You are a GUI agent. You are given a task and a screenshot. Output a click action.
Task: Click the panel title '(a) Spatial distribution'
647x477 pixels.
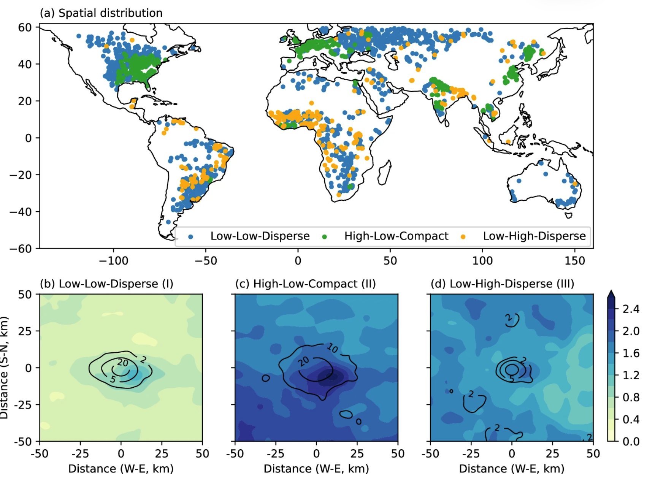[x=101, y=13]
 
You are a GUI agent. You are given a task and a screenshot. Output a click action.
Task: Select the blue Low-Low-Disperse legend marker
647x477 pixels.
[x=191, y=237]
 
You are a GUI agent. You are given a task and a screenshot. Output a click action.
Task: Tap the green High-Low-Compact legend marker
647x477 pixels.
[x=324, y=237]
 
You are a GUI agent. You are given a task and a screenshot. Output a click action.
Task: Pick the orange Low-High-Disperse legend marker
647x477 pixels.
[x=463, y=237]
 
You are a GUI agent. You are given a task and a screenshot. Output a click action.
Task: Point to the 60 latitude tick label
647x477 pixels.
[x=25, y=27]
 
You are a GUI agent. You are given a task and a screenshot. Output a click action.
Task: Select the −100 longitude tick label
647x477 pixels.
[x=113, y=261]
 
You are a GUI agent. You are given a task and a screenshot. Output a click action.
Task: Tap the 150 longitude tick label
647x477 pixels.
[x=574, y=261]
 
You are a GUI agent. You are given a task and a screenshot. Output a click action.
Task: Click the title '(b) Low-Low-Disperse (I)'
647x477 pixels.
[x=106, y=284]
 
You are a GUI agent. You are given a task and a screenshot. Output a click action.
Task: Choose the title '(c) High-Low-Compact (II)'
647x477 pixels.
[x=305, y=284]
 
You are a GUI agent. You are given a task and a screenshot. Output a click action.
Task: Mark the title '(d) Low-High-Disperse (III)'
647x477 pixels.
[x=502, y=284]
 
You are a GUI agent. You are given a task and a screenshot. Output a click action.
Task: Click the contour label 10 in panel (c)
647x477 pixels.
[x=332, y=348]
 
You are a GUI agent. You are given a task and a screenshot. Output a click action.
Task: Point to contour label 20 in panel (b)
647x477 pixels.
[x=122, y=363]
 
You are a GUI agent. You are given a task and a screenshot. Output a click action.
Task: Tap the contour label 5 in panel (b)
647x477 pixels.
[x=113, y=379]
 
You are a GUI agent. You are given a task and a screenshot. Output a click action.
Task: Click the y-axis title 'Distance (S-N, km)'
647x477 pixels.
[x=4, y=368]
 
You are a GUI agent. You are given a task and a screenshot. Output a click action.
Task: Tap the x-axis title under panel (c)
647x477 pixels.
[x=316, y=469]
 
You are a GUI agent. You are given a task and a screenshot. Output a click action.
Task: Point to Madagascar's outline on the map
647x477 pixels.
[x=385, y=173]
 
